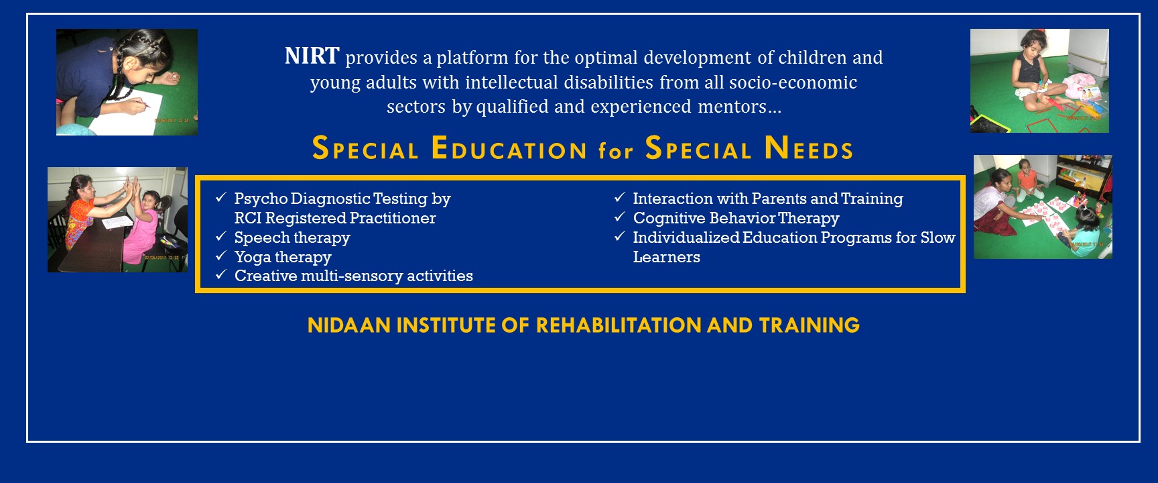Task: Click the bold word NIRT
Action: (312, 56)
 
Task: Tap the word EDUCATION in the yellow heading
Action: (509, 148)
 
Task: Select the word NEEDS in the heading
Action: (809, 148)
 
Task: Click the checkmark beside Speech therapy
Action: (221, 236)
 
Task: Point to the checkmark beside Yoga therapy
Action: (221, 256)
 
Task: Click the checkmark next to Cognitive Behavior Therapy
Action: (620, 217)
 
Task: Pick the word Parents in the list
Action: (779, 199)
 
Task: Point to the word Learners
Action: (666, 257)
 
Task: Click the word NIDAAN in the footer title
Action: (349, 325)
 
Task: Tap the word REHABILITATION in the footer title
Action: (619, 325)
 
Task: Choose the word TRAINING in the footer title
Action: (810, 325)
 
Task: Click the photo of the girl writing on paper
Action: (127, 82)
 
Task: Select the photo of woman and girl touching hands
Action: (117, 219)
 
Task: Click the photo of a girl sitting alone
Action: (1039, 80)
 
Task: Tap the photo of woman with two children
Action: (1043, 207)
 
